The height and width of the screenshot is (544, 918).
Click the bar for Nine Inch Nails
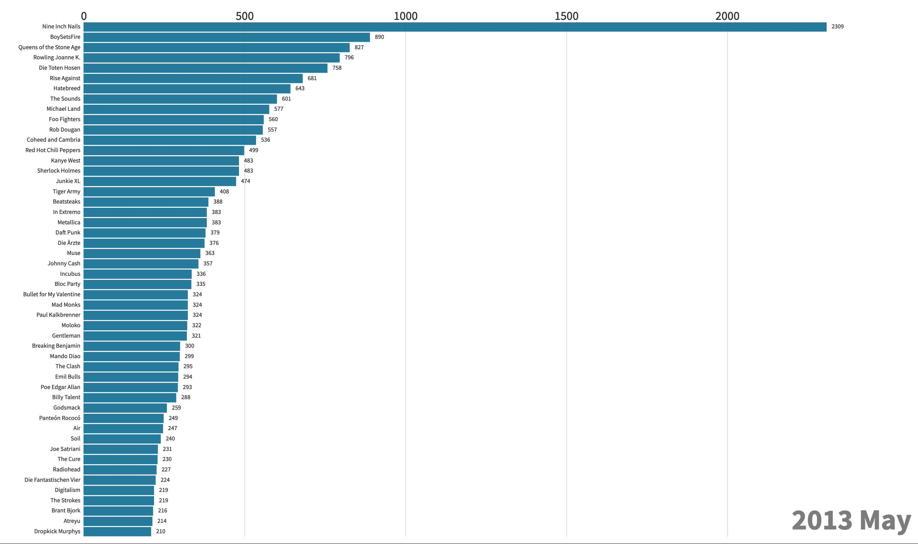455,27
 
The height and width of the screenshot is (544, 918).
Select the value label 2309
838,27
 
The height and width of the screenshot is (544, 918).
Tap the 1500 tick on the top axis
566,16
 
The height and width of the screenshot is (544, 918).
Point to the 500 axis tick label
245,16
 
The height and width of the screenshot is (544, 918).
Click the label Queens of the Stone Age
49,47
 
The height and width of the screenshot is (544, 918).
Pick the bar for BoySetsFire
227,37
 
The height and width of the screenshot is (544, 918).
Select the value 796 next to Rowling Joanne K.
349,57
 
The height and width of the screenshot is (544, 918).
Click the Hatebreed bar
187,88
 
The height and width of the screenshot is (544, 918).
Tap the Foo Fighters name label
64,119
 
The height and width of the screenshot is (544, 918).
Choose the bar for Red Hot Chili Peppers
164,150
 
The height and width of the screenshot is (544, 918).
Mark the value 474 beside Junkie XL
245,181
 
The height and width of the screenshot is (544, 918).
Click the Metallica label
69,222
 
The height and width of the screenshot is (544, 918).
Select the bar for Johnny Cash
141,263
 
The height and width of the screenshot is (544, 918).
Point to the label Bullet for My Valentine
52,294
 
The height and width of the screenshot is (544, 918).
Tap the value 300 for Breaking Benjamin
189,346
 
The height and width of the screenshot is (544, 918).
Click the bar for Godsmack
125,408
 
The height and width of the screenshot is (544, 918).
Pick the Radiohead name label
66,470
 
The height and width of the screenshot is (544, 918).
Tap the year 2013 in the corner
822,521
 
